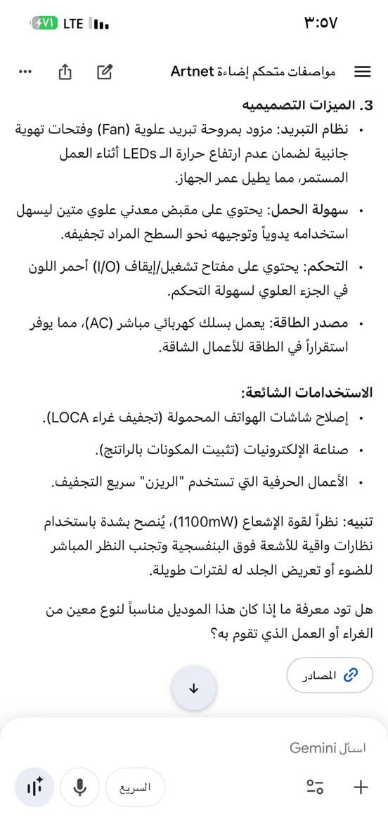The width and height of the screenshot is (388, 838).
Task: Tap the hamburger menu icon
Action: pyautogui.click(x=363, y=72)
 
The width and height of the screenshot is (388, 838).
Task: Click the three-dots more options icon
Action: pyautogui.click(x=25, y=72)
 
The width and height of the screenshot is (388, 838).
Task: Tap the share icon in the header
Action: pyautogui.click(x=65, y=72)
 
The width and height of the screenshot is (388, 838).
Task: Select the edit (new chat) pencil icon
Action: pyautogui.click(x=105, y=72)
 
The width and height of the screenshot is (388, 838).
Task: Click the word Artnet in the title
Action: pyautogui.click(x=193, y=72)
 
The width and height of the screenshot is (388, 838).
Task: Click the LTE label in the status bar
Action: pyautogui.click(x=73, y=23)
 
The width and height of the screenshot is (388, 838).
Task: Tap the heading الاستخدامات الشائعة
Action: pyautogui.click(x=306, y=393)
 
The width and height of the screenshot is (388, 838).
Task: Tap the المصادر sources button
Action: pyautogui.click(x=330, y=675)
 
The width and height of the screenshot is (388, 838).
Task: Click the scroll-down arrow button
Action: pyautogui.click(x=194, y=689)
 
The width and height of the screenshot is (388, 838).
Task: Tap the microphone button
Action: pyautogui.click(x=79, y=787)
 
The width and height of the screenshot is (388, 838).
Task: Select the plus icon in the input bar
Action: pyautogui.click(x=361, y=787)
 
